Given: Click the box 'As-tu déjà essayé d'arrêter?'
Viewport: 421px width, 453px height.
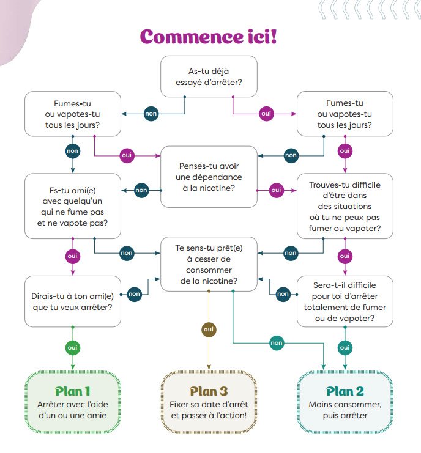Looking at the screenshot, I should coord(209,77).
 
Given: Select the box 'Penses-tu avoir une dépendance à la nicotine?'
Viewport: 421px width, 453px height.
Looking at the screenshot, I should coord(209,177).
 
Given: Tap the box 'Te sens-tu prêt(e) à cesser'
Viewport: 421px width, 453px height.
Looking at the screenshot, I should coord(209,263).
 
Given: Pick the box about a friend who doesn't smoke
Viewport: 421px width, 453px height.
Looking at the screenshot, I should coord(72,206).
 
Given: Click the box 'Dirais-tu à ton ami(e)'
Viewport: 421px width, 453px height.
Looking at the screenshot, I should coord(72,301).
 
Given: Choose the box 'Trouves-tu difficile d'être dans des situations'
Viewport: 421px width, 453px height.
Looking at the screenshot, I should coord(345,206).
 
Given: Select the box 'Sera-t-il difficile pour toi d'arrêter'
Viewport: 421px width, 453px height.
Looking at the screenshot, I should coord(345,301).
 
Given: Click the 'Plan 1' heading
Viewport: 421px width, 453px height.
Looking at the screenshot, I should coord(73,391).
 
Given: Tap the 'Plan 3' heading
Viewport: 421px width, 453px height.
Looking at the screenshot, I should coord(209,391).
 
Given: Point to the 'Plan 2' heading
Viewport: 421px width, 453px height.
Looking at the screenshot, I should coord(345,391).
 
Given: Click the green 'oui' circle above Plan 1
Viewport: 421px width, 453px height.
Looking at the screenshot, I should coord(73,347).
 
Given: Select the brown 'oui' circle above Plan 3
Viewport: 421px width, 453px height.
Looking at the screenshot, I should coord(209,330).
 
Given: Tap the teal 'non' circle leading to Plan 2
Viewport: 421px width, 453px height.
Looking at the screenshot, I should coord(277,343).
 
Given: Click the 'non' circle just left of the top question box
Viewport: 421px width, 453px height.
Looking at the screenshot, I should coord(151,114).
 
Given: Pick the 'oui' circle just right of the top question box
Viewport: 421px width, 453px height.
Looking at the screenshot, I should coord(266,114).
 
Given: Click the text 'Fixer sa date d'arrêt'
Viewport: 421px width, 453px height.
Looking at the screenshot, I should coord(209,405).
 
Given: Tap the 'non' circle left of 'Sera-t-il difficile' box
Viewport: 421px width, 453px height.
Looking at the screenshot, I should coord(283,294).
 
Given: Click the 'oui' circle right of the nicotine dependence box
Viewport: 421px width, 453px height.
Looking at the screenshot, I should coord(276,190).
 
